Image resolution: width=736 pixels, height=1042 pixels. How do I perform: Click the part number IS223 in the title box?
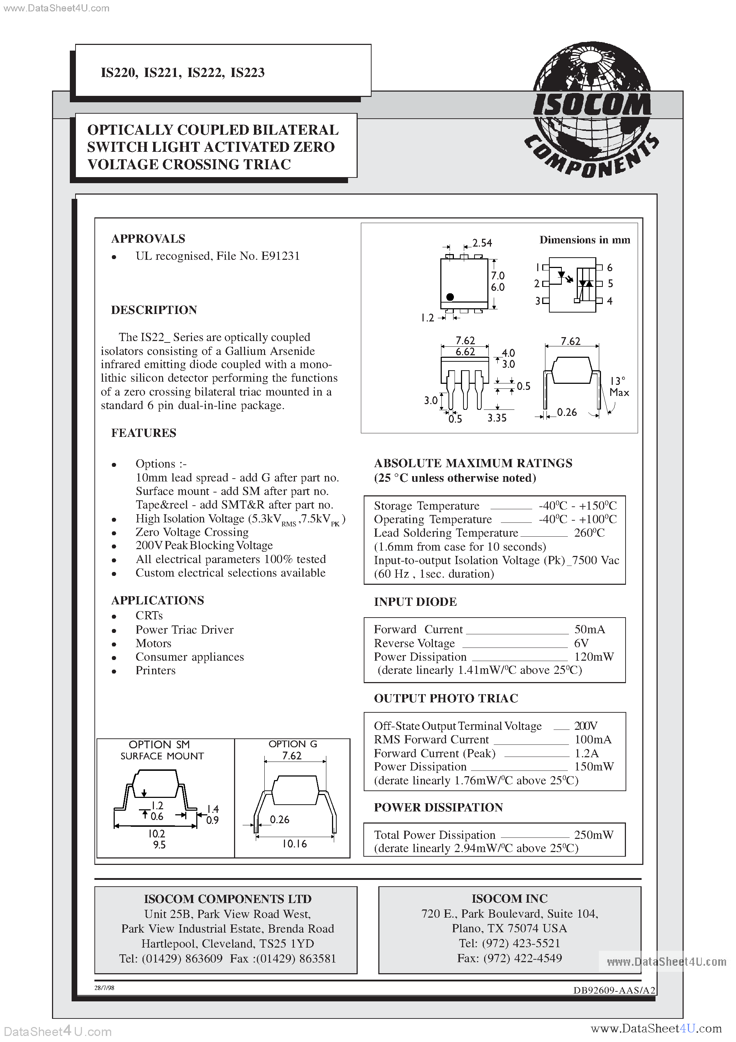(247, 73)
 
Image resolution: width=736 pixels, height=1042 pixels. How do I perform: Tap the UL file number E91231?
(280, 256)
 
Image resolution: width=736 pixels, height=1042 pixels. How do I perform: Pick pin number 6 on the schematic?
(610, 268)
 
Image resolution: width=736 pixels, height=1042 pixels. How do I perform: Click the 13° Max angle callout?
(619, 387)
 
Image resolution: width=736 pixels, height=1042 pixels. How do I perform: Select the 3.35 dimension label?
(497, 418)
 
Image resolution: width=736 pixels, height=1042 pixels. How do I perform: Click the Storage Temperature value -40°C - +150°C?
(577, 506)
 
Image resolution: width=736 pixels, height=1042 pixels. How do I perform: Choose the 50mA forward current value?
(590, 629)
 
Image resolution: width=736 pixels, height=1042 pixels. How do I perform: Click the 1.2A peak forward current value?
(586, 753)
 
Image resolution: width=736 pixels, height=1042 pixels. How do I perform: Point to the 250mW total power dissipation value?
(594, 835)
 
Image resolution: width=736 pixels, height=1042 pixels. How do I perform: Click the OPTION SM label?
(159, 745)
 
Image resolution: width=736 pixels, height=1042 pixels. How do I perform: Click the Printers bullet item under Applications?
(155, 671)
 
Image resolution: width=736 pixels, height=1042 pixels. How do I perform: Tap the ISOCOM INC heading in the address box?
(509, 899)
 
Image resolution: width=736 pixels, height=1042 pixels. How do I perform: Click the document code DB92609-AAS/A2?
(614, 991)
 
